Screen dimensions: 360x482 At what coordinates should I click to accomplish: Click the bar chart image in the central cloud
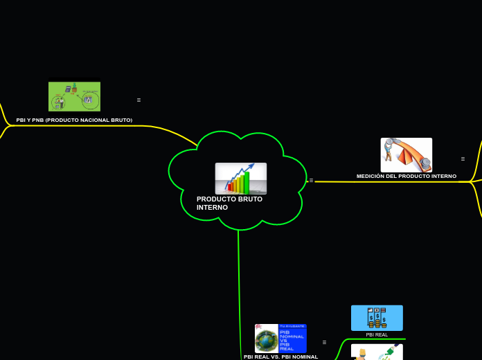(240, 178)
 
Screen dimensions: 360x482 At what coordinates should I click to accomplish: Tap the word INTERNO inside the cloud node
(212, 208)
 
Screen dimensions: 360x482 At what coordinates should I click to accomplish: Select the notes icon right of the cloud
(311, 180)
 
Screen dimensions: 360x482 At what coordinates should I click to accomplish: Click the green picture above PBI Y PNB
(74, 96)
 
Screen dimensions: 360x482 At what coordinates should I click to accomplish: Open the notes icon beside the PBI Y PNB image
(139, 100)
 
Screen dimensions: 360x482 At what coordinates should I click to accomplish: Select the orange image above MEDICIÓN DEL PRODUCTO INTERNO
(406, 154)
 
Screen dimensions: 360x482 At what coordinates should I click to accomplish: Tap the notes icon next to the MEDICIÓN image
(463, 159)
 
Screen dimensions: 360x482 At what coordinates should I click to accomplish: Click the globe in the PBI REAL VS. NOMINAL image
(266, 341)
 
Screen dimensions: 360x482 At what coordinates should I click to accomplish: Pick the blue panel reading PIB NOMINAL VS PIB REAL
(292, 339)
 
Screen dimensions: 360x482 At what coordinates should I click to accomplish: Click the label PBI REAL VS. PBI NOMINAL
(280, 357)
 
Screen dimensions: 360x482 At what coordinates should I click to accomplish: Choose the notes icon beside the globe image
(324, 342)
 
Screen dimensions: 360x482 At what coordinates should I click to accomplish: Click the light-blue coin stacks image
(377, 318)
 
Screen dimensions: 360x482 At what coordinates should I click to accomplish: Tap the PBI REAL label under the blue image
(377, 335)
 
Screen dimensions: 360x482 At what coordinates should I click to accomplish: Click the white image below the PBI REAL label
(377, 352)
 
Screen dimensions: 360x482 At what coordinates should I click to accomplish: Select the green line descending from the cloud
(239, 277)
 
